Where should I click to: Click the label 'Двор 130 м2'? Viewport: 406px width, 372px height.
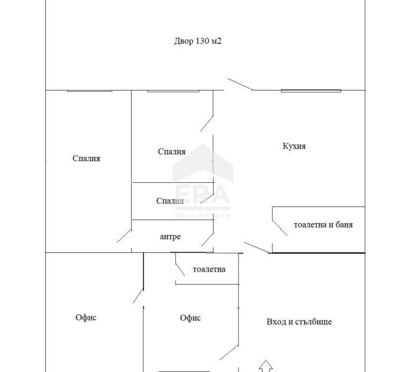click(197, 41)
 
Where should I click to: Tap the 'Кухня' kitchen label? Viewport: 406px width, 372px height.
click(294, 146)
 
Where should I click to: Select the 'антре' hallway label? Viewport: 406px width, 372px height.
click(170, 237)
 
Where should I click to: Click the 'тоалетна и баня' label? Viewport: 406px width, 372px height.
click(323, 224)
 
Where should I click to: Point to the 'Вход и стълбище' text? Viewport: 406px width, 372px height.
click(299, 322)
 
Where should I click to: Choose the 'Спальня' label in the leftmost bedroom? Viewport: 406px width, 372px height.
click(86, 158)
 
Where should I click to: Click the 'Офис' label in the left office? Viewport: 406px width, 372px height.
click(86, 317)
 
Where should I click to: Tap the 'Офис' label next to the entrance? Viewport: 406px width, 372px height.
click(191, 317)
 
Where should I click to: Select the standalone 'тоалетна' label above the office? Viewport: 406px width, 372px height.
click(209, 269)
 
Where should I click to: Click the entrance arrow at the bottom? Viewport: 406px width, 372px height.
click(266, 366)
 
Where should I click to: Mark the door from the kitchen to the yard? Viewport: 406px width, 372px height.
click(240, 84)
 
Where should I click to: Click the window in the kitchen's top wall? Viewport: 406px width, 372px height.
click(311, 91)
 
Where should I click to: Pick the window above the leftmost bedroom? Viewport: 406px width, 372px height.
click(89, 91)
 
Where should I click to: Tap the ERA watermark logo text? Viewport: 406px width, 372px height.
click(202, 195)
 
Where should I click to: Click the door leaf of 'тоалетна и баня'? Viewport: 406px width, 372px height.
click(279, 228)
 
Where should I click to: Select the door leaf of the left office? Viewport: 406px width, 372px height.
click(138, 296)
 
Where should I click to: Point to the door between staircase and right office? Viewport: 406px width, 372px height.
click(229, 352)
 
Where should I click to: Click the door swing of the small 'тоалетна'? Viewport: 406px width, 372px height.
click(180, 270)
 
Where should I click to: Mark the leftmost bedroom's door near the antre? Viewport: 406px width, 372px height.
click(124, 236)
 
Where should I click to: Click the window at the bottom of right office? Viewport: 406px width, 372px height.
click(184, 371)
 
